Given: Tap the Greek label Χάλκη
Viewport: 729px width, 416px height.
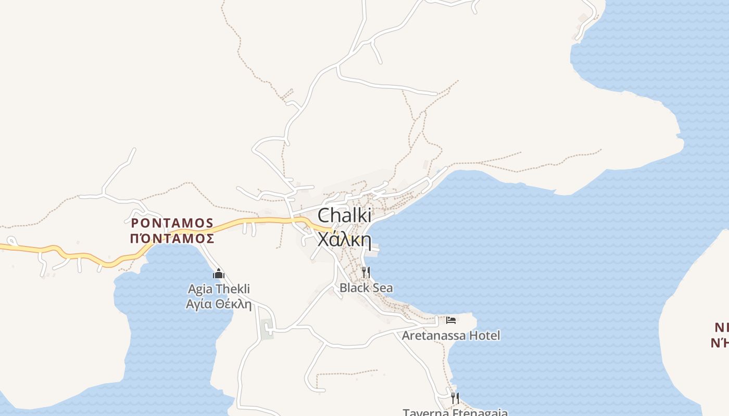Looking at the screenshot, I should pyautogui.click(x=344, y=240).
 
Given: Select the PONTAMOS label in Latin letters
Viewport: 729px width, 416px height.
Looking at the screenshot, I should pyautogui.click(x=172, y=223).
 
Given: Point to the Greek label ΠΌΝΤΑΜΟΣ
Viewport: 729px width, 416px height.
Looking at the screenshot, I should pyautogui.click(x=172, y=238).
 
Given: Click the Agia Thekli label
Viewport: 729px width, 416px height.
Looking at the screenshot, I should pyautogui.click(x=219, y=289).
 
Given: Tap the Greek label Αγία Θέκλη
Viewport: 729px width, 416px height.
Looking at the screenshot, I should pyautogui.click(x=219, y=304).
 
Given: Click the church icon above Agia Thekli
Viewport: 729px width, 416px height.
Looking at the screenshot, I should pyautogui.click(x=219, y=274).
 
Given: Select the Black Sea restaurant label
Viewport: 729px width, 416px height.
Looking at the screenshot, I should pyautogui.click(x=366, y=288).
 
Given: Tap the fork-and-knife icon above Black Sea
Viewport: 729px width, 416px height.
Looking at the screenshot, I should pyautogui.click(x=366, y=272).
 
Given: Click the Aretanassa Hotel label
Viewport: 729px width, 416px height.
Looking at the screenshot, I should pyautogui.click(x=451, y=335).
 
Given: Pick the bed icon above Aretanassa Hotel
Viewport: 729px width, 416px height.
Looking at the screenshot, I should pyautogui.click(x=451, y=320).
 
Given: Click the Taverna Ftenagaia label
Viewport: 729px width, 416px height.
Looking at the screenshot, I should pyautogui.click(x=455, y=412).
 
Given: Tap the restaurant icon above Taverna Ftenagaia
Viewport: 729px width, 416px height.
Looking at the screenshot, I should pyautogui.click(x=455, y=398).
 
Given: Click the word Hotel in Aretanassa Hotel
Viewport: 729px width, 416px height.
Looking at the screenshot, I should pyautogui.click(x=485, y=335).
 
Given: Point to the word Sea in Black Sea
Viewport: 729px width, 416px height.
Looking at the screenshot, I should pyautogui.click(x=382, y=288).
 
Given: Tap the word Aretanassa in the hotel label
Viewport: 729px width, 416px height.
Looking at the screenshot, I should pyautogui.click(x=434, y=335).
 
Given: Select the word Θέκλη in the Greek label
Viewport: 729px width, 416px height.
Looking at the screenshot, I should pyautogui.click(x=233, y=304).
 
